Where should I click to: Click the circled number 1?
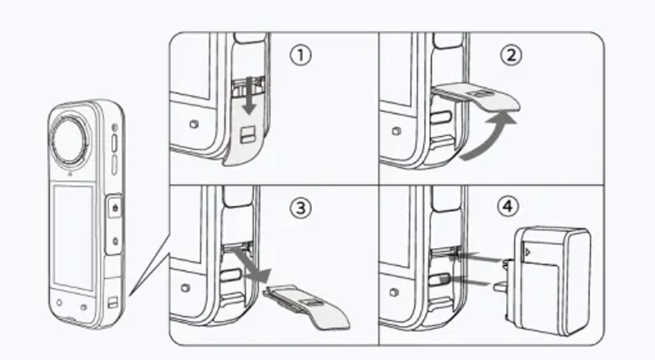(300, 55)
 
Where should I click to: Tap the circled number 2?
(511, 55)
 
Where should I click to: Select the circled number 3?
(300, 208)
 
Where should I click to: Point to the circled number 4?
(508, 206)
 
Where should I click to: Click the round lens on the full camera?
(70, 138)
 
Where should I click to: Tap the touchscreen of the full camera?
(73, 237)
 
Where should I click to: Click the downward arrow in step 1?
(250, 95)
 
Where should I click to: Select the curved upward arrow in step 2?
(489, 137)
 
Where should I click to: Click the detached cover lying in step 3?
(307, 306)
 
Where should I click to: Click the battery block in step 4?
(547, 281)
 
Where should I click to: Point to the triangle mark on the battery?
(528, 252)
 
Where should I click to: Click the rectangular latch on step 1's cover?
(247, 134)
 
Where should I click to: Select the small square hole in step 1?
(193, 124)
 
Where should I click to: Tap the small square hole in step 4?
(394, 292)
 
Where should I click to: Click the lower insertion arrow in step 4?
(468, 281)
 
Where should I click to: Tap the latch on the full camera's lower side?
(113, 302)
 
